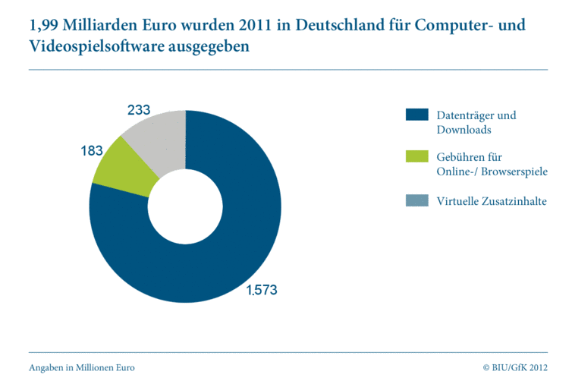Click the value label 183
pyautogui.click(x=93, y=151)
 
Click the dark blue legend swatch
pyautogui.click(x=418, y=115)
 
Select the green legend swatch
pyautogui.click(x=418, y=157)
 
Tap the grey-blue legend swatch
pyautogui.click(x=418, y=201)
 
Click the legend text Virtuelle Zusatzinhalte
pyautogui.click(x=492, y=201)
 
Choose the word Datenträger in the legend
pyautogui.click(x=467, y=115)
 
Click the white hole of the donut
pyautogui.click(x=186, y=206)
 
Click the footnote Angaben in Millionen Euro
pyautogui.click(x=82, y=367)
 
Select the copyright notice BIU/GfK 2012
pyautogui.click(x=515, y=367)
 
